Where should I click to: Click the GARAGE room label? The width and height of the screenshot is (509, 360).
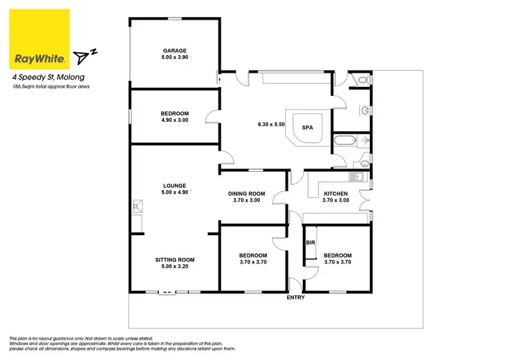(174, 51)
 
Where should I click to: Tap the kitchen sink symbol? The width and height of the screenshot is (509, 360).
(354, 177)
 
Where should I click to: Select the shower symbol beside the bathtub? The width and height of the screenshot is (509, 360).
(365, 141)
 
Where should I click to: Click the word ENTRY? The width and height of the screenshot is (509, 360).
(296, 298)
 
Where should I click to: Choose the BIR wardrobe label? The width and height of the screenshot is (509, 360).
(310, 242)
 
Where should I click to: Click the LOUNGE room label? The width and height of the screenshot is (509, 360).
(174, 185)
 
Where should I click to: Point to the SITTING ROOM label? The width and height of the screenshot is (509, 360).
(174, 259)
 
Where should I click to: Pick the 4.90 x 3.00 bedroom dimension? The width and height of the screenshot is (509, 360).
(174, 120)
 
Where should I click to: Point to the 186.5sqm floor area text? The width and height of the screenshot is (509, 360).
(51, 87)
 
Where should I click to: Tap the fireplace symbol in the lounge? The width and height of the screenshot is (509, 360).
(138, 204)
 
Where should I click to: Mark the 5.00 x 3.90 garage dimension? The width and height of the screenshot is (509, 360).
(174, 58)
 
